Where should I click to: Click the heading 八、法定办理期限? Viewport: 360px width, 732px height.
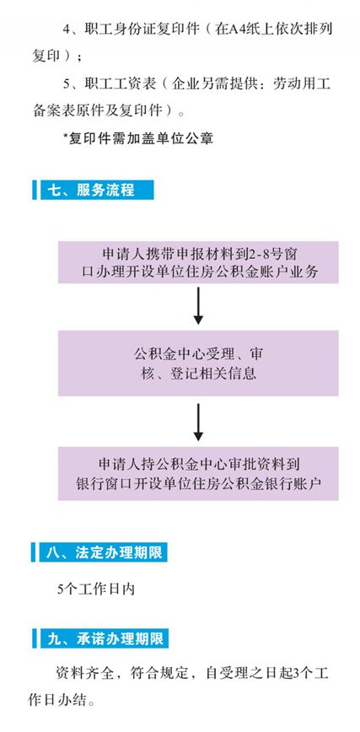pos(105,552)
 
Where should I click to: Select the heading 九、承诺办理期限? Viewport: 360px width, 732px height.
pos(105,638)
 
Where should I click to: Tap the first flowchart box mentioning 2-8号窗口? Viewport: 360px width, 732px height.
pos(198,262)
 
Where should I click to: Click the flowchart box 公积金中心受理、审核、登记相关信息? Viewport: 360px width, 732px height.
pos(198,363)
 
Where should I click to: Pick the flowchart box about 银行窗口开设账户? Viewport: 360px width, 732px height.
pos(198,473)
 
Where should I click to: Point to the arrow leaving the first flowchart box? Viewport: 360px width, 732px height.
pos(198,306)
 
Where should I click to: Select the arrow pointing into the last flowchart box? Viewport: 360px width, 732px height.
pos(198,422)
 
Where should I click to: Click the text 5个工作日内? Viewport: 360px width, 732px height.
pos(96,589)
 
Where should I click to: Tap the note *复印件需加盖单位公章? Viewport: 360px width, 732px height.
pos(137,138)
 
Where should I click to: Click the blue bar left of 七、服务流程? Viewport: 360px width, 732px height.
pos(34,190)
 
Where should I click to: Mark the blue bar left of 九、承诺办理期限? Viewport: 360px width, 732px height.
pos(34,638)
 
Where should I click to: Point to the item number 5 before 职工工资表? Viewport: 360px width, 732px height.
pos(67,85)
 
